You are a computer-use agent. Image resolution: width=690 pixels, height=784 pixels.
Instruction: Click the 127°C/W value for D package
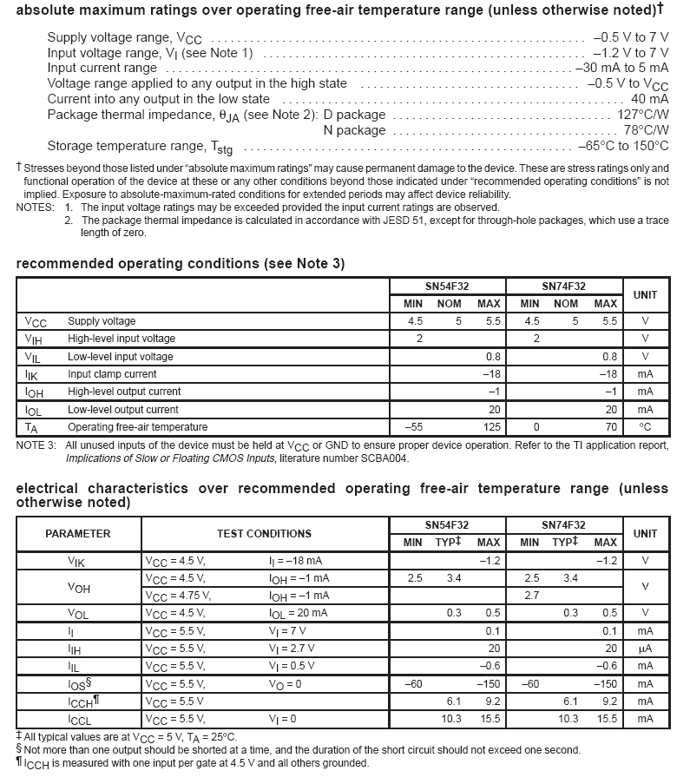[x=642, y=115]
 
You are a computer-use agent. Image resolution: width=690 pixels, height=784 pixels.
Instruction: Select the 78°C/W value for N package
[x=646, y=130]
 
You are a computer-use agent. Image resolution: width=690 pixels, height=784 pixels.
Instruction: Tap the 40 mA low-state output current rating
[x=650, y=99]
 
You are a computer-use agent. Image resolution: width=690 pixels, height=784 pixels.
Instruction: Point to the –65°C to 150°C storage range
[x=621, y=146]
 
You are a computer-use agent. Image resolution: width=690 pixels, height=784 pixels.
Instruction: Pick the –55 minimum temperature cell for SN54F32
[x=413, y=427]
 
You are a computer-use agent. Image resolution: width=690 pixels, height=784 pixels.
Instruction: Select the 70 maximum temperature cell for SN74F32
[x=610, y=427]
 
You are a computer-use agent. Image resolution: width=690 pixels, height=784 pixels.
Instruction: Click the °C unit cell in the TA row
[x=645, y=427]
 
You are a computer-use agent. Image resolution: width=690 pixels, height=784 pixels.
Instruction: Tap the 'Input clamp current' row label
[x=112, y=374]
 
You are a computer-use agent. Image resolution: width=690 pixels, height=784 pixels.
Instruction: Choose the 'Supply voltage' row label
[x=102, y=321]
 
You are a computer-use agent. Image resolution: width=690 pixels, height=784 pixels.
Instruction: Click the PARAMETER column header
[x=78, y=534]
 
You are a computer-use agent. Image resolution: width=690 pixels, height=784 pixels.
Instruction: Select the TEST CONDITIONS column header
[x=264, y=534]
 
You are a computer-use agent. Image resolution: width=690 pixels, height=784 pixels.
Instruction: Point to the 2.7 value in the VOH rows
[x=531, y=596]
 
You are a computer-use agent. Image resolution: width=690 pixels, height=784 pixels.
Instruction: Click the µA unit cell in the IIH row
[x=645, y=649]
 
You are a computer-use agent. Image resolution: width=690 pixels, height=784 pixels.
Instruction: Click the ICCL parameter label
[x=79, y=719]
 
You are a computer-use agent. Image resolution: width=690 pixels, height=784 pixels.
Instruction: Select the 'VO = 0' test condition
[x=286, y=684]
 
